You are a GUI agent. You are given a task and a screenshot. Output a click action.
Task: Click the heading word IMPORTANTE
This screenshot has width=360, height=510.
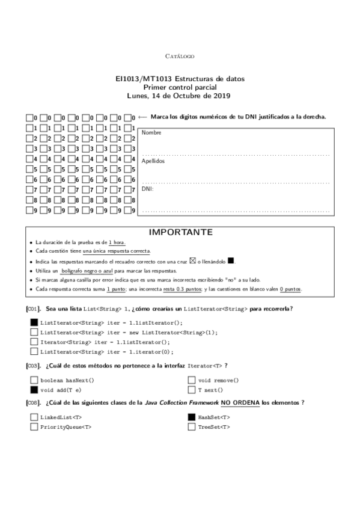179,232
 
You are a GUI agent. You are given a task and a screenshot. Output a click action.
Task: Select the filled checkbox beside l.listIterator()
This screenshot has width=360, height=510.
34,322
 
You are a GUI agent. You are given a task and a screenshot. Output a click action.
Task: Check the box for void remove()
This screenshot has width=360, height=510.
192,380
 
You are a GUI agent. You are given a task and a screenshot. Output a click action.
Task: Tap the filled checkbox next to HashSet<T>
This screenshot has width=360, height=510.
192,417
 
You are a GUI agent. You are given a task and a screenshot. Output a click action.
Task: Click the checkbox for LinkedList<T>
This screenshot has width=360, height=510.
34,417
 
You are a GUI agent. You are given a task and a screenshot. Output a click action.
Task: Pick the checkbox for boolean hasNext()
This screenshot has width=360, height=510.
34,380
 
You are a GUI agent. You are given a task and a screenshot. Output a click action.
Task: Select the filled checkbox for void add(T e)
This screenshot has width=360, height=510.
34,390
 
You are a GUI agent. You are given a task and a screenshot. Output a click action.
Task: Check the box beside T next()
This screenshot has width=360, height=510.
192,390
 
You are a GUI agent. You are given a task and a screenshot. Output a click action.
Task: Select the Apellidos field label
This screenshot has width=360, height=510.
153,161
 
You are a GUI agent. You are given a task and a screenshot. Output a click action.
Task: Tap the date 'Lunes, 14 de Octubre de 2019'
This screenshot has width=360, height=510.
179,95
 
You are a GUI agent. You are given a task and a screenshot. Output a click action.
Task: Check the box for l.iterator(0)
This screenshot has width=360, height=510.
34,351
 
